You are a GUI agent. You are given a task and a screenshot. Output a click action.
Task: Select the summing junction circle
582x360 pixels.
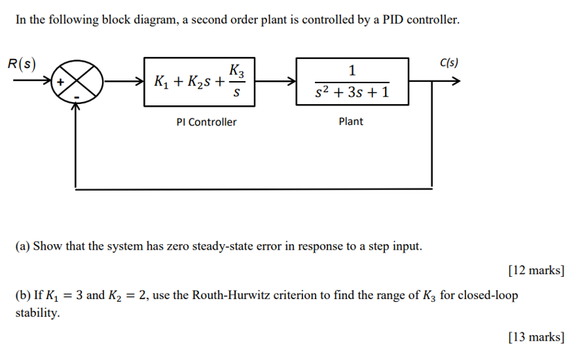click(x=77, y=82)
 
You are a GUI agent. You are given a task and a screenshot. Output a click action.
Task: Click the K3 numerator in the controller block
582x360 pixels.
click(x=236, y=70)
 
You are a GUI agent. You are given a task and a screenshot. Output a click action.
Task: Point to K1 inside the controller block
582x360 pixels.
click(x=163, y=83)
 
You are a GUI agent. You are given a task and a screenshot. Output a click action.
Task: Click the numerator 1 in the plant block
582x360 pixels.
click(x=352, y=70)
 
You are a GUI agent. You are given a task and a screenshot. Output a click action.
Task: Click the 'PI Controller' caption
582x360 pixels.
click(x=206, y=122)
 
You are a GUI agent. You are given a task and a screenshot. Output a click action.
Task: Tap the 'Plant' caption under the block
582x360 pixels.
click(x=351, y=121)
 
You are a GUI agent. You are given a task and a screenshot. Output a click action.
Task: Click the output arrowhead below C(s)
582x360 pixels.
click(x=454, y=82)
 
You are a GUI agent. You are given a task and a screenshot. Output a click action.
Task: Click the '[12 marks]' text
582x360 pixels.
click(x=536, y=271)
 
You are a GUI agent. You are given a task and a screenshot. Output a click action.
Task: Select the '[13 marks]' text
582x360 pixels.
click(x=536, y=338)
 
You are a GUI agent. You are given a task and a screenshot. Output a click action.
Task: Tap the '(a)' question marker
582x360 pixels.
click(x=23, y=246)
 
